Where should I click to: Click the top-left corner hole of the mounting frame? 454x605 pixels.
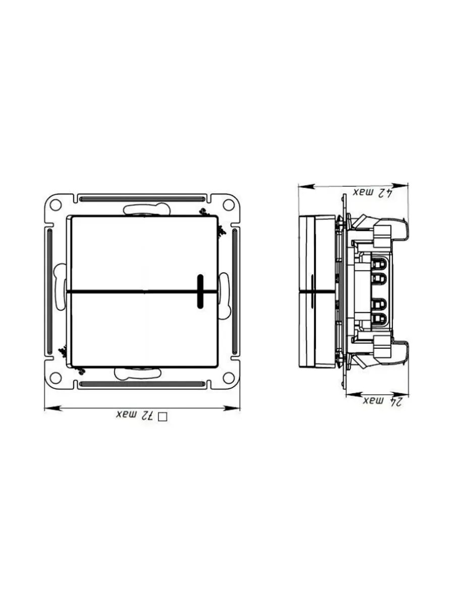click(55, 205)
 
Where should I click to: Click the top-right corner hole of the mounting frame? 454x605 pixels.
click(228, 205)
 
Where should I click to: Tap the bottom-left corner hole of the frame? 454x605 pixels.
click(55, 377)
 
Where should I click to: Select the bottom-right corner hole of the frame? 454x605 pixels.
click(228, 377)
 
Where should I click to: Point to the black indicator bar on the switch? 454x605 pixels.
click(200, 291)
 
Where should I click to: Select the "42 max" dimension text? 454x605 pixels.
click(373, 193)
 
